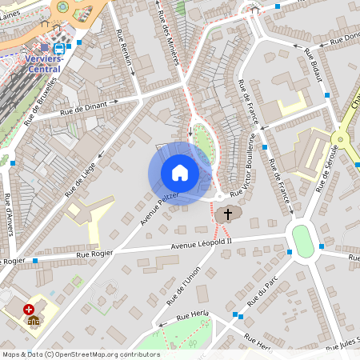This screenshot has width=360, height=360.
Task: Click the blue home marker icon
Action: click(x=180, y=173)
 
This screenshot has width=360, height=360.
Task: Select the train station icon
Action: click(x=60, y=48)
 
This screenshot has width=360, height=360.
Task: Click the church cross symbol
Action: click(x=228, y=214)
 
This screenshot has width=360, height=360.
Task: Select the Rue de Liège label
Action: click(x=81, y=178)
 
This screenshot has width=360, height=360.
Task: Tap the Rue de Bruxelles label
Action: click(x=41, y=102)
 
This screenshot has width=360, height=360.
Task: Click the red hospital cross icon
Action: click(x=29, y=309)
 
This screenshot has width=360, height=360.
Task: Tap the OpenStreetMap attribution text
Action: click(x=80, y=354)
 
